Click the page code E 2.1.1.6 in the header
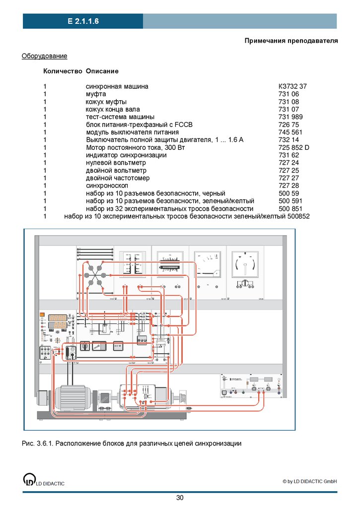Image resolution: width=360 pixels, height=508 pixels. [83, 21]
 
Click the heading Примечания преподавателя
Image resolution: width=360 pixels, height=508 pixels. [291, 41]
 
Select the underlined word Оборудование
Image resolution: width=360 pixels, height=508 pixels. [44, 56]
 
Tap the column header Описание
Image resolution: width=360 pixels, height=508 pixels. [102, 71]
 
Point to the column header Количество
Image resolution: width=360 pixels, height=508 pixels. [62, 71]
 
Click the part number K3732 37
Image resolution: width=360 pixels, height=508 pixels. [292, 86]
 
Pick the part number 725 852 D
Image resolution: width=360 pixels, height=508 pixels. [294, 147]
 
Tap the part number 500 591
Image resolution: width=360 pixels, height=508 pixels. [290, 201]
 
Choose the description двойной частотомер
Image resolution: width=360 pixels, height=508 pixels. [118, 178]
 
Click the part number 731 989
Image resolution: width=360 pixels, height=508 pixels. [290, 117]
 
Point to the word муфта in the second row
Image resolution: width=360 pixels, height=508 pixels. [96, 94]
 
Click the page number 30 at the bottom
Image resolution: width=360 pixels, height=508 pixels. [180, 498]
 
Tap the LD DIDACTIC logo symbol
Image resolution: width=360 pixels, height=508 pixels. [30, 479]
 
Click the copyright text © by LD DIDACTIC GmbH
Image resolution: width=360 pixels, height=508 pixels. [309, 481]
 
